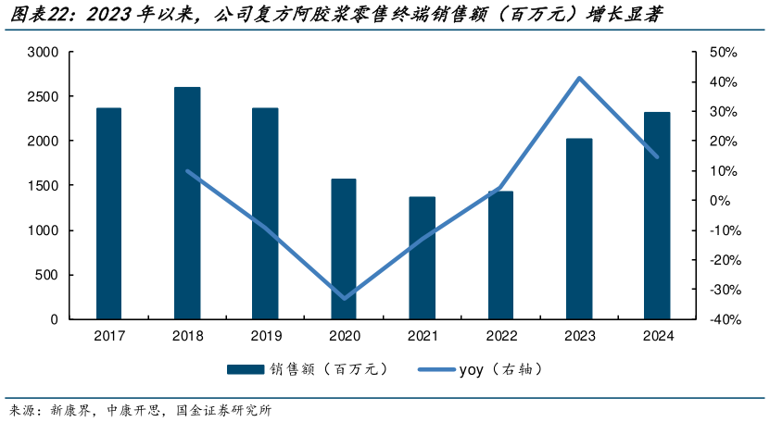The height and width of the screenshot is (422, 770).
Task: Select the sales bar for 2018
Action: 187,204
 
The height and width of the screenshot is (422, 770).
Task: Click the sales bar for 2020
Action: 344,249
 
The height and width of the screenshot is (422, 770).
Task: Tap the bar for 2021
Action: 423,258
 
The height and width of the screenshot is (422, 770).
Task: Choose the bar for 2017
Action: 108,214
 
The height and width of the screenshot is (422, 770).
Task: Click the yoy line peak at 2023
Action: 579,78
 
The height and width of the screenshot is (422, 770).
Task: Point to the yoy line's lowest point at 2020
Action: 345,298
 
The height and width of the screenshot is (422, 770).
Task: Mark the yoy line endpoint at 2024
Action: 657,156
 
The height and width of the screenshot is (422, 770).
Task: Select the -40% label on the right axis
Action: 721,319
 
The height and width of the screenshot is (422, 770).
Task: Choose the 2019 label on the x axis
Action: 265,338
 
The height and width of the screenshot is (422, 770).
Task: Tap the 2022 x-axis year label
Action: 500,338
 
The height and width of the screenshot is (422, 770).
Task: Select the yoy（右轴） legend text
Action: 499,370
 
